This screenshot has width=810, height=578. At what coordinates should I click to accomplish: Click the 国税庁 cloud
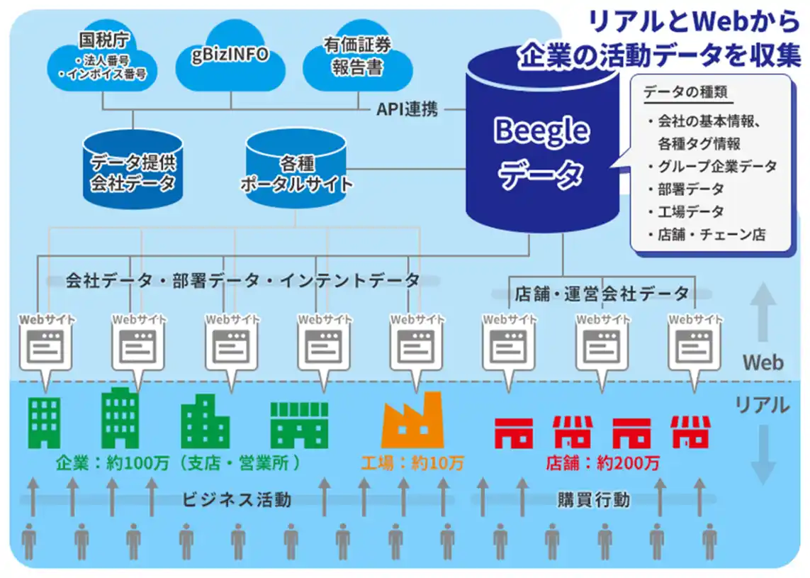(x=102, y=61)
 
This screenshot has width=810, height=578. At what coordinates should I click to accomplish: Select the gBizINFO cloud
(x=230, y=57)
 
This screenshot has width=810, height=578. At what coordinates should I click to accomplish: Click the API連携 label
(x=407, y=109)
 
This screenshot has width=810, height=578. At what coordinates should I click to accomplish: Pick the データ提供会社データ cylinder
(x=133, y=169)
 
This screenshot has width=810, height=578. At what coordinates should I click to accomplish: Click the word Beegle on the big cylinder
(x=541, y=130)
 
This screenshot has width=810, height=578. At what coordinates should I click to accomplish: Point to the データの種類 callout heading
(x=685, y=92)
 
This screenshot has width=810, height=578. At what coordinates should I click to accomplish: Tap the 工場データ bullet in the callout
(x=686, y=211)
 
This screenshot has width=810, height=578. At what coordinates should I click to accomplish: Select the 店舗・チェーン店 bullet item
(x=707, y=234)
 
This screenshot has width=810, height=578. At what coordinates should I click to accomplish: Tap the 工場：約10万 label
(x=412, y=462)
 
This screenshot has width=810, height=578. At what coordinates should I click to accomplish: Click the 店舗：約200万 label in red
(x=602, y=462)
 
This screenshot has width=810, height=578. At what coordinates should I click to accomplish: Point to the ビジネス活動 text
(x=237, y=499)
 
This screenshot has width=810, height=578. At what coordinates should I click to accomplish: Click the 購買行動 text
(x=594, y=499)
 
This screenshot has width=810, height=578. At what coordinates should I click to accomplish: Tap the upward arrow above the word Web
(x=763, y=312)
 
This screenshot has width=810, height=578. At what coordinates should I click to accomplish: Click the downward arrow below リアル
(x=763, y=455)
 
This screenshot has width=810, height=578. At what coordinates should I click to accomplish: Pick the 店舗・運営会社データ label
(x=602, y=293)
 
